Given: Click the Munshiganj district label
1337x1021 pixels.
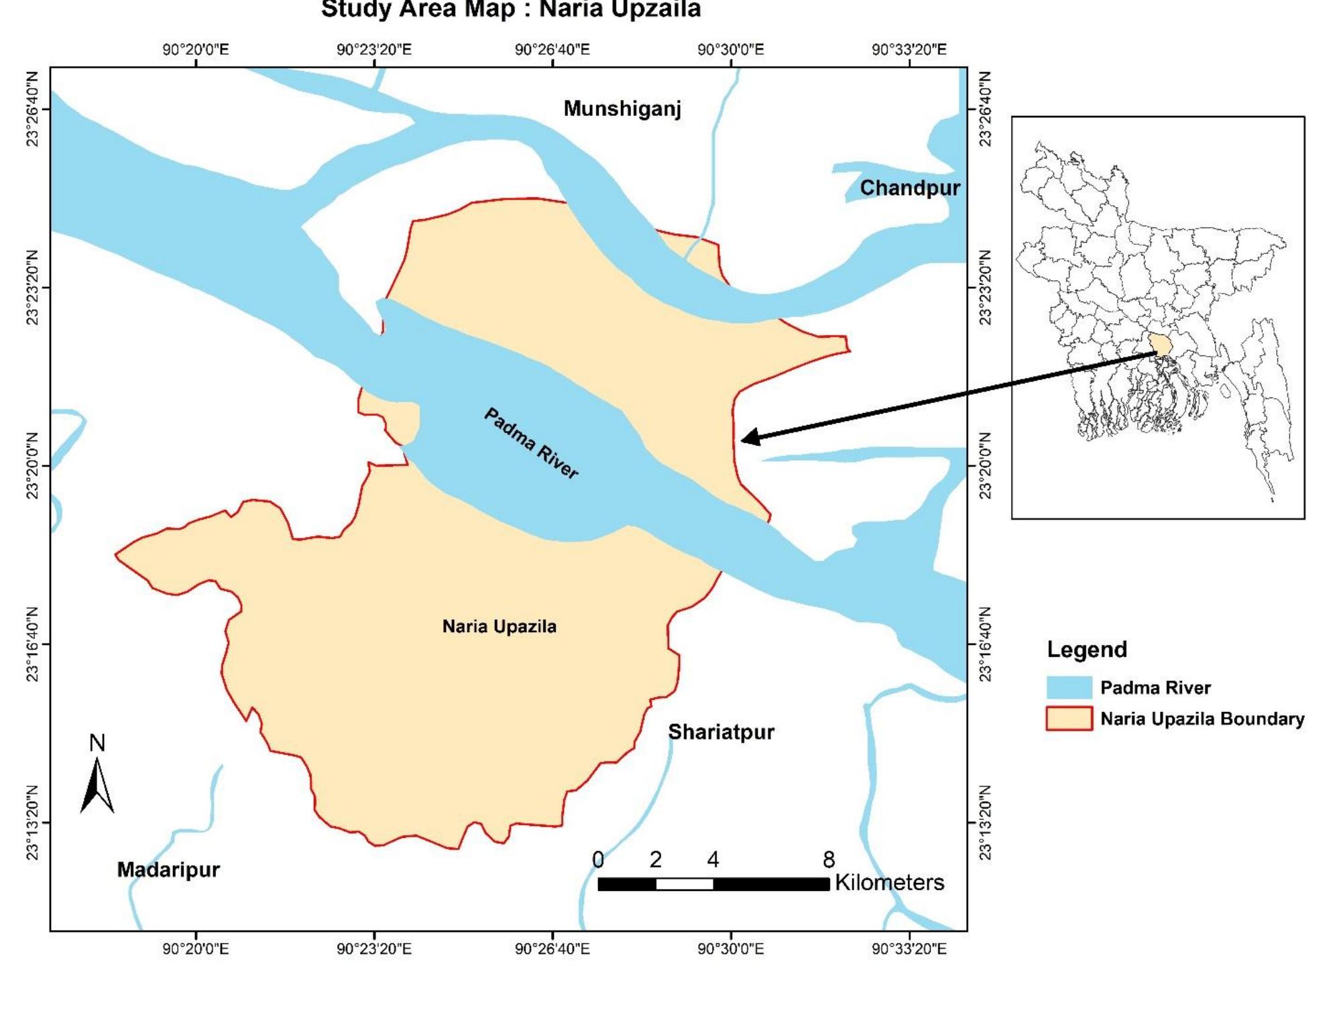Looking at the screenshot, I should tap(622, 109).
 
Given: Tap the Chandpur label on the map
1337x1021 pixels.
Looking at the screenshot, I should tap(909, 188).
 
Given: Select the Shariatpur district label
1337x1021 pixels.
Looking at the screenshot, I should tap(721, 731).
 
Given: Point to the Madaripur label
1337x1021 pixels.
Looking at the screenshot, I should tap(168, 869).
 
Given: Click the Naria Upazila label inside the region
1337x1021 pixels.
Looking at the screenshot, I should tap(499, 626).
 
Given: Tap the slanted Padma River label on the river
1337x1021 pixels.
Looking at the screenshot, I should tap(531, 443).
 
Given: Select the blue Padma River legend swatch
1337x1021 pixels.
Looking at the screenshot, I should tap(1069, 687).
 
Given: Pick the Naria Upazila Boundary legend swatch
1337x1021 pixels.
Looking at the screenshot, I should tap(1069, 719).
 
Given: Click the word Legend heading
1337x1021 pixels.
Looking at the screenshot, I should tap(1087, 649).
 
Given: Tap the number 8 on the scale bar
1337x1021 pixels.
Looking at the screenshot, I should tap(829, 859).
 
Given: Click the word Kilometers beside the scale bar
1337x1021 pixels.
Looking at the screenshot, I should tap(889, 882).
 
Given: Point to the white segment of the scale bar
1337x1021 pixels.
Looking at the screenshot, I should tap(684, 884).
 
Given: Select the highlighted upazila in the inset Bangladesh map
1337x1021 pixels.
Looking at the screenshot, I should tap(1159, 345).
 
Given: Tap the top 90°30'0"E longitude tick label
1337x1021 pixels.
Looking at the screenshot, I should tap(730, 50).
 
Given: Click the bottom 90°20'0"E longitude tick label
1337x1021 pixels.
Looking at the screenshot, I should tap(195, 949).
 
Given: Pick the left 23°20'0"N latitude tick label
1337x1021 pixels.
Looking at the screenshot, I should tap(32, 465).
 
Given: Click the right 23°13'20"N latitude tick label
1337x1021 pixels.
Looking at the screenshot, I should tap(984, 823).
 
